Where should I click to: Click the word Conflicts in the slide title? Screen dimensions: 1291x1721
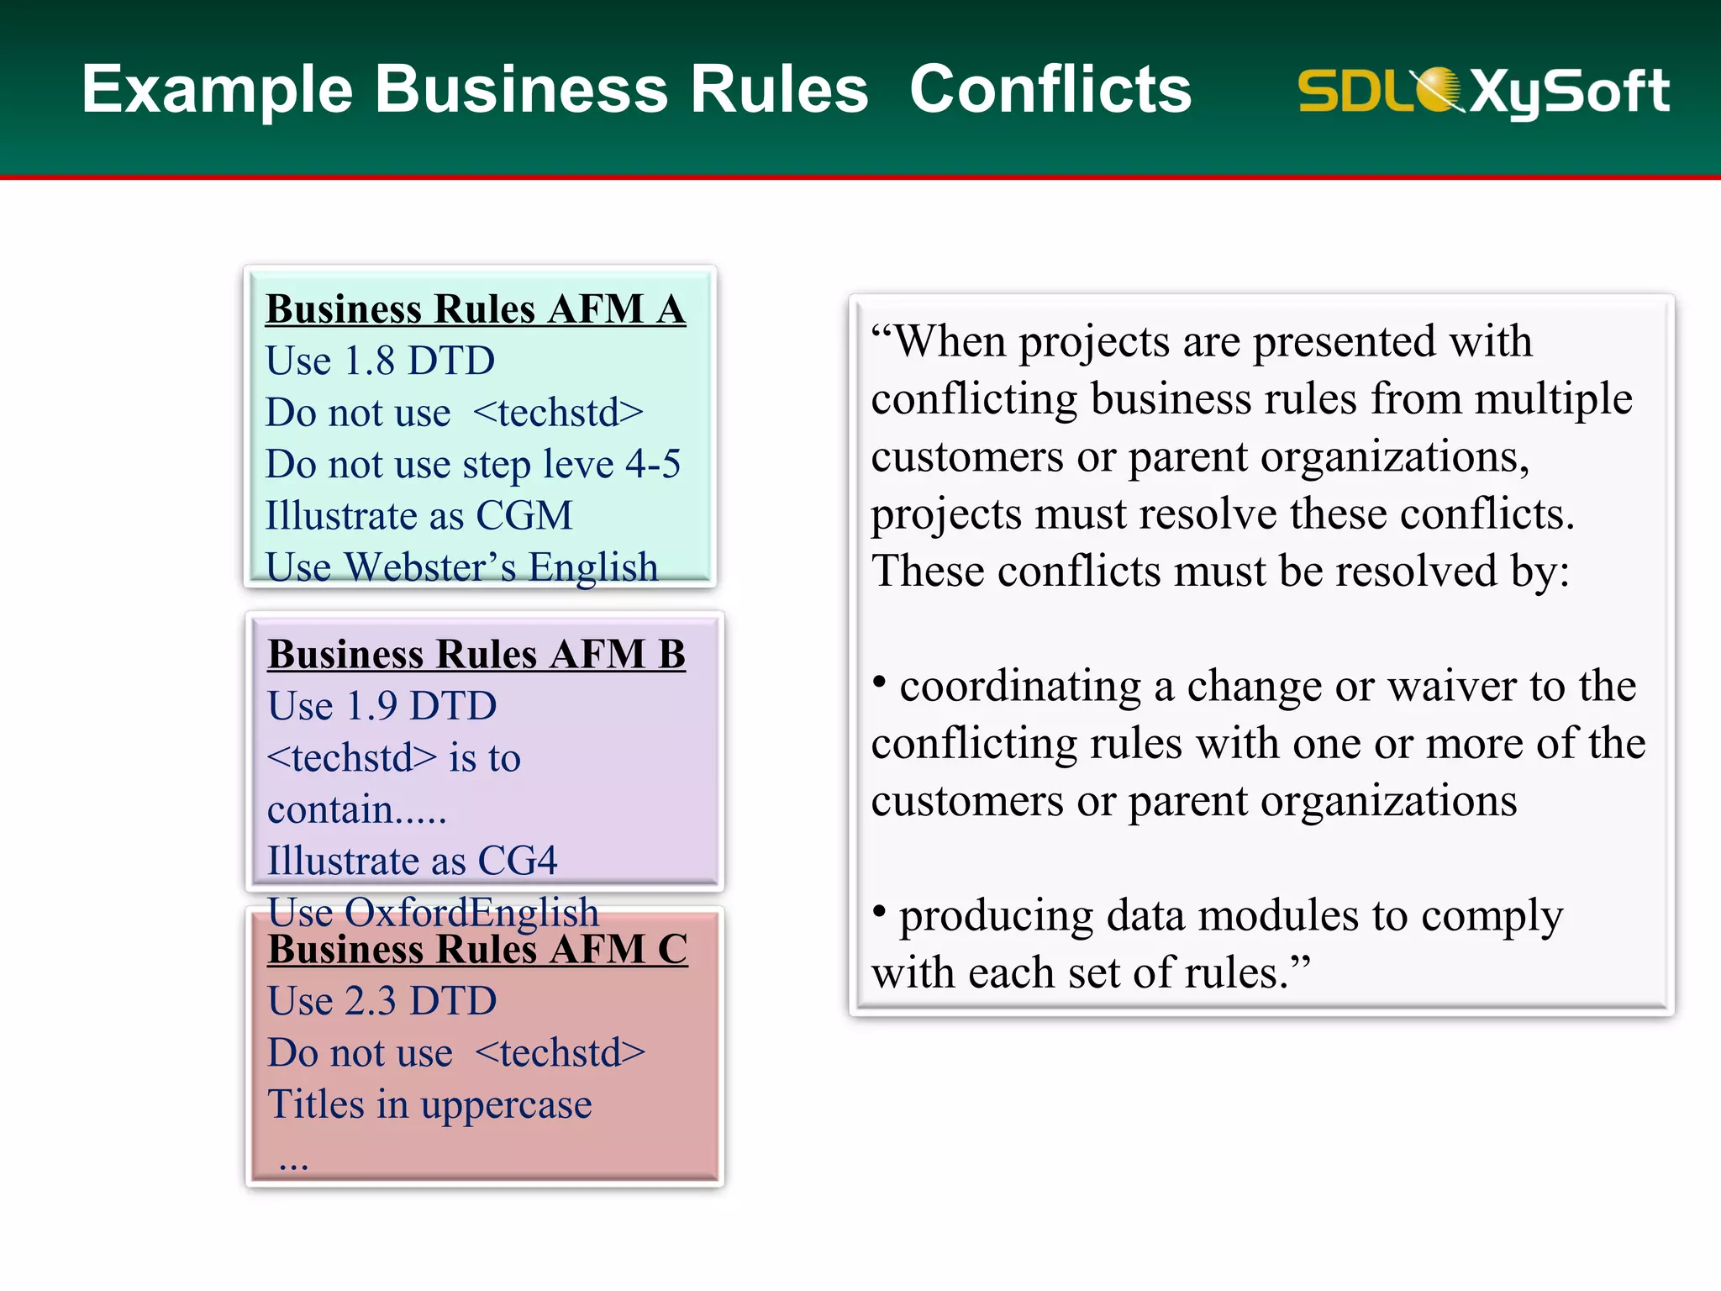point(1050,89)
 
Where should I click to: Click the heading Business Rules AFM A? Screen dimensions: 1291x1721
point(476,309)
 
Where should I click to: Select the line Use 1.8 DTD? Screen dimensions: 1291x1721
point(380,361)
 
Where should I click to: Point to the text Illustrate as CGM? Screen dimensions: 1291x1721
point(418,515)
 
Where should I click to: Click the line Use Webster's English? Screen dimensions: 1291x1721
point(461,566)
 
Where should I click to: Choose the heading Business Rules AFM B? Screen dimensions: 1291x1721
point(476,654)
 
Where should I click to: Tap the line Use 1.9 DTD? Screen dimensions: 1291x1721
point(382,706)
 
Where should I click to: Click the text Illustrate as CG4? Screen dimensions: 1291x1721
point(412,861)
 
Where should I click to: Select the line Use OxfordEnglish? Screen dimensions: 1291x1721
point(433,911)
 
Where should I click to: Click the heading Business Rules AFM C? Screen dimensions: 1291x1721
point(477,950)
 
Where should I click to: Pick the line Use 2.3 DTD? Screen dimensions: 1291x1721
point(382,1001)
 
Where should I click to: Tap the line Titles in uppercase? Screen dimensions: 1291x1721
point(429,1104)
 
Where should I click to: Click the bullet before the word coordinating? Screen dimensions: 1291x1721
point(879,681)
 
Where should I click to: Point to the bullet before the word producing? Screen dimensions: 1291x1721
point(879,910)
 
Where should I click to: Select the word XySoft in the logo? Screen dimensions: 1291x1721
point(1570,91)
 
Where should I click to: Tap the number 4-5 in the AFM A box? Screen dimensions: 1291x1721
point(653,464)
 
